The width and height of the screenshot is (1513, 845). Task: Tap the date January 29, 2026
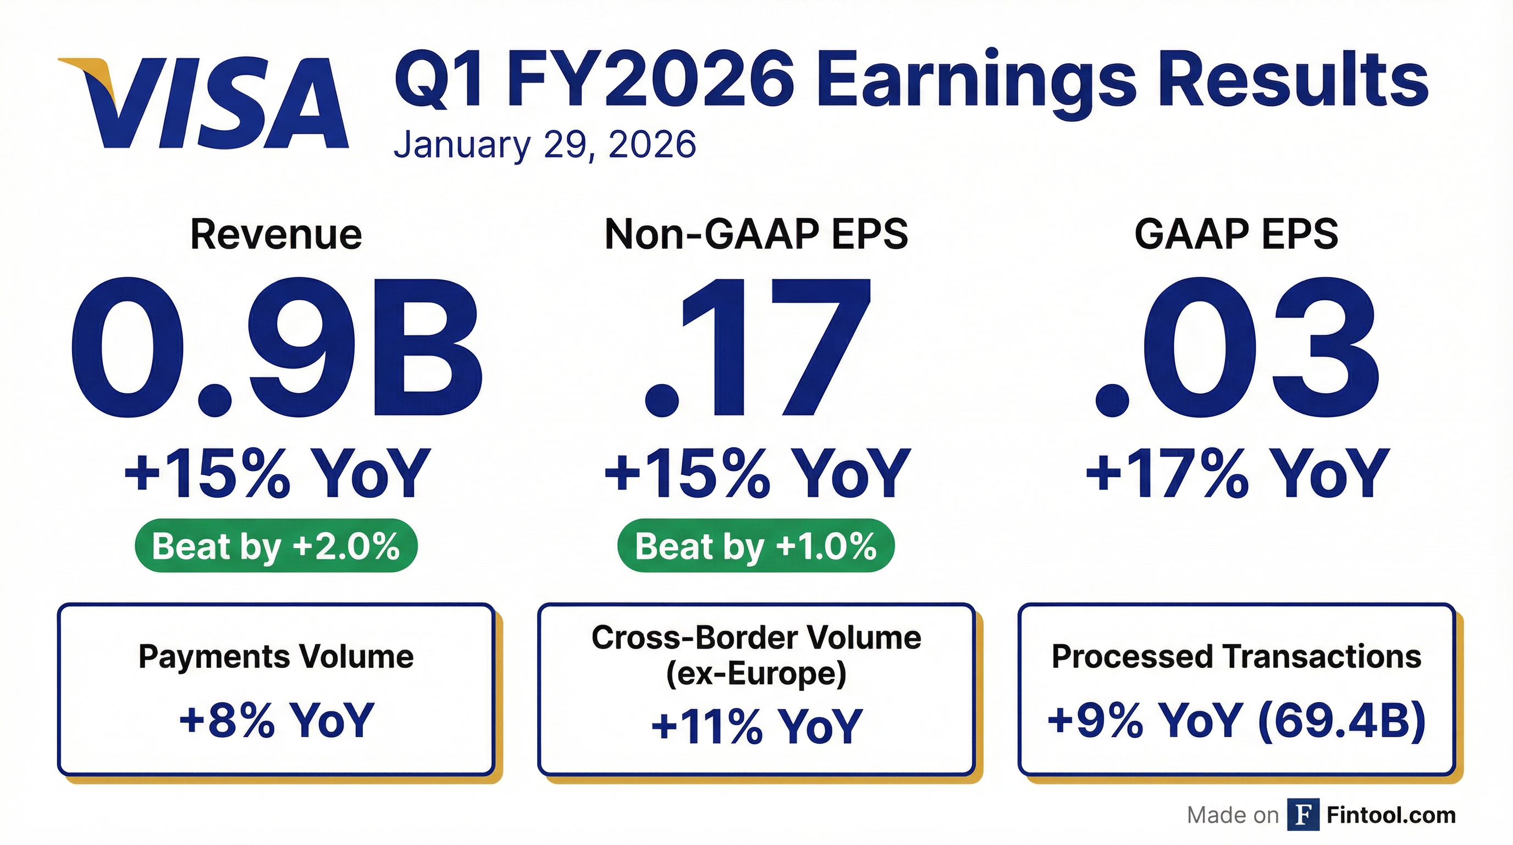(x=544, y=145)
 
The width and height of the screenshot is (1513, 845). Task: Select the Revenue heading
(x=276, y=235)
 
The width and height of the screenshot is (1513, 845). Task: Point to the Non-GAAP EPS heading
(x=756, y=234)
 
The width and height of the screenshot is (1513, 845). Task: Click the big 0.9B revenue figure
(x=276, y=348)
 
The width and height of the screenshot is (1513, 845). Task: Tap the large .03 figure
(x=1237, y=348)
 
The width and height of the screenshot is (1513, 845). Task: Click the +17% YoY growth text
(x=1237, y=474)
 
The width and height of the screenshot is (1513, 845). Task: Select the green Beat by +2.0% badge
(x=276, y=546)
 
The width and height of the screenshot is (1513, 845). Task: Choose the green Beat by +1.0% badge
(x=756, y=546)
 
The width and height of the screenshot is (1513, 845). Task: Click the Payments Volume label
(x=276, y=656)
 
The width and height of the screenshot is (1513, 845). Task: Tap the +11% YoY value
(x=756, y=726)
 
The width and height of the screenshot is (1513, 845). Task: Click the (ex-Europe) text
(x=756, y=673)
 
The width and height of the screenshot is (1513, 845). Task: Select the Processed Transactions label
(x=1236, y=656)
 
